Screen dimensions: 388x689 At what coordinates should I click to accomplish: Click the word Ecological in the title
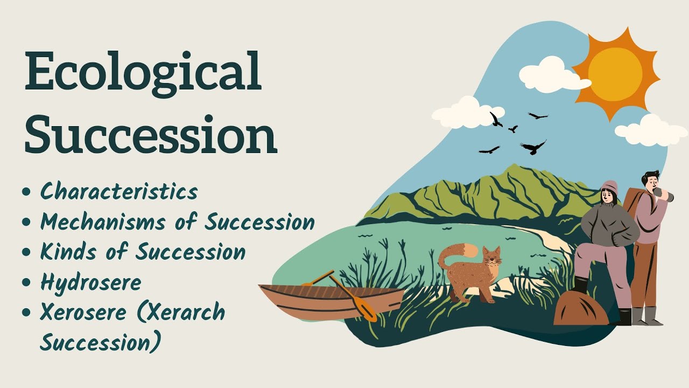coord(143,72)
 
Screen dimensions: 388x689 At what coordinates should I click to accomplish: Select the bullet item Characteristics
coord(119,191)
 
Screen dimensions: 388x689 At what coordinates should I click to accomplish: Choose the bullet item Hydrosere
coord(90,282)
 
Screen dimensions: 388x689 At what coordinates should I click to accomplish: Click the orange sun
coord(615,73)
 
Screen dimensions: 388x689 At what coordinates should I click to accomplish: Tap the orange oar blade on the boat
coord(366,312)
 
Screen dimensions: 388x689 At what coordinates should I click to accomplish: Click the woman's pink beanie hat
coord(609,187)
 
